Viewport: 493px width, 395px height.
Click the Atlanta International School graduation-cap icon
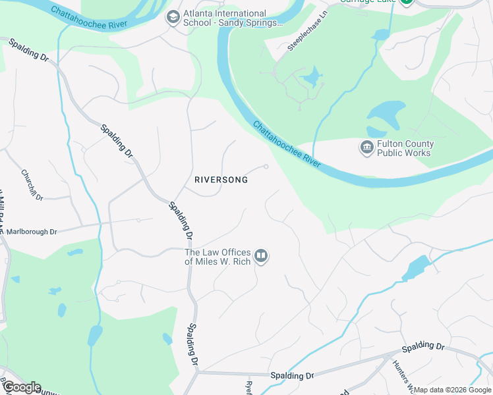(x=173, y=17)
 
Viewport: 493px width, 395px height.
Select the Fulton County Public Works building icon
(x=366, y=148)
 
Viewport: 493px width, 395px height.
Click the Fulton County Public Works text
(x=404, y=148)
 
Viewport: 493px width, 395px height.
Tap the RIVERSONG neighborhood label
(x=221, y=180)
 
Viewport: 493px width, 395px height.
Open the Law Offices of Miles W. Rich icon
(x=261, y=256)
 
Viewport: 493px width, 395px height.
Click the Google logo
(x=22, y=387)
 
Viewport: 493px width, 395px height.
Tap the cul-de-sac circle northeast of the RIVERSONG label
(x=266, y=167)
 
